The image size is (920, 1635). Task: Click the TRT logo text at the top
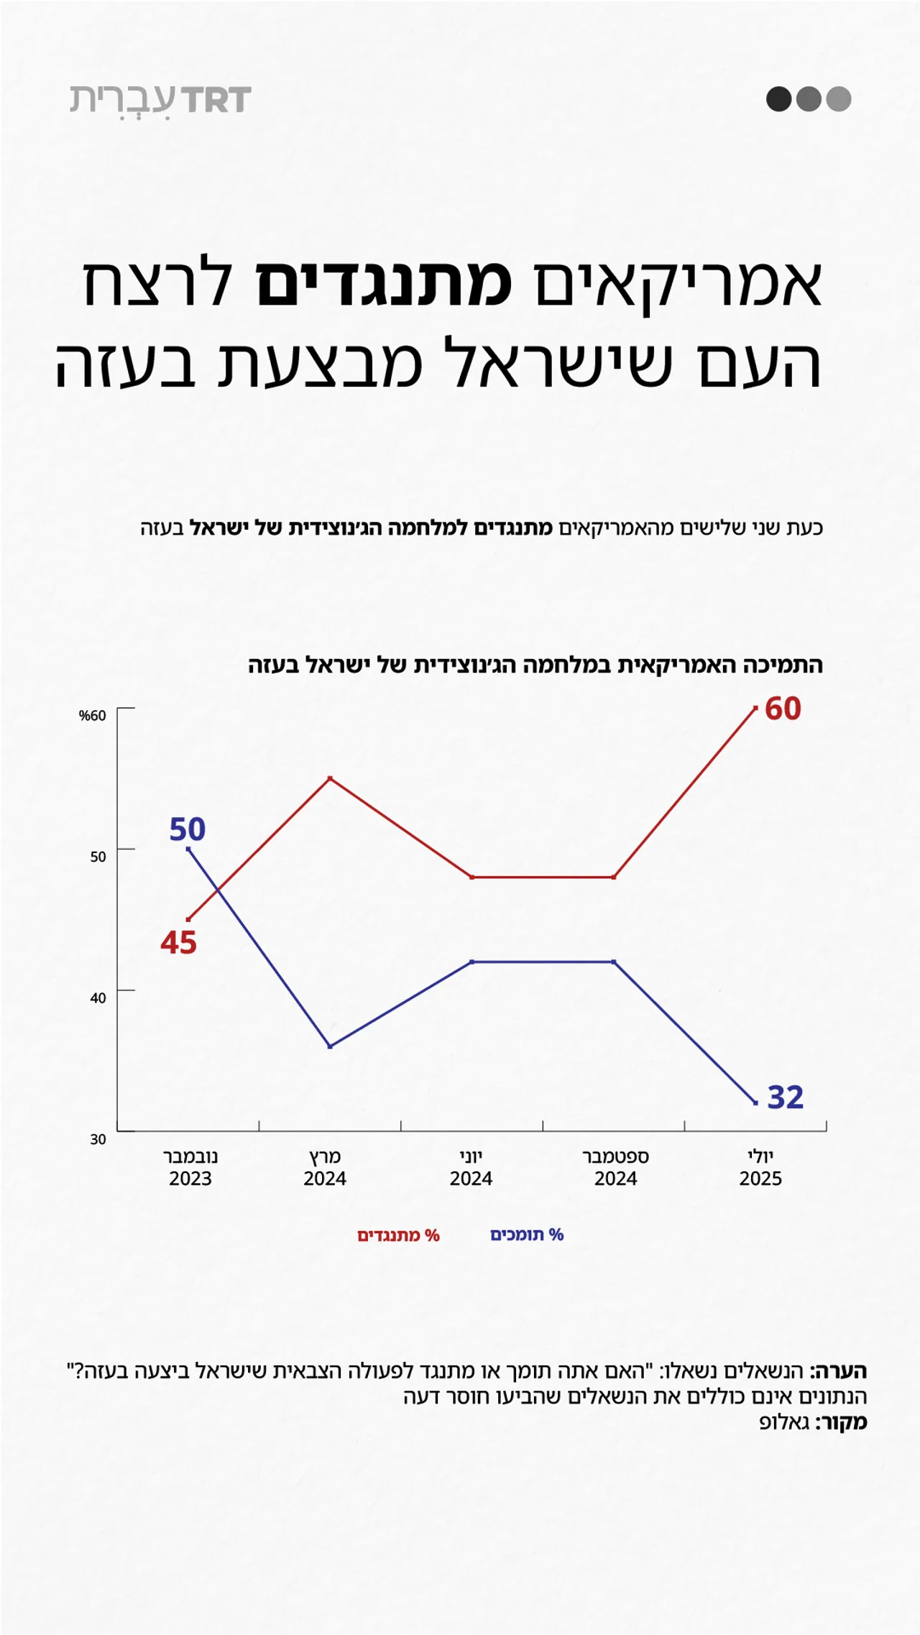click(x=216, y=100)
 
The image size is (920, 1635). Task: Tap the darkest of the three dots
click(x=778, y=98)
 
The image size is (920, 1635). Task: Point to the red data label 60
click(x=783, y=709)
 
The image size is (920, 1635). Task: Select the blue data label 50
click(x=188, y=829)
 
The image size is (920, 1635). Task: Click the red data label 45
click(x=179, y=942)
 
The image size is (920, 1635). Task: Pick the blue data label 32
click(x=786, y=1097)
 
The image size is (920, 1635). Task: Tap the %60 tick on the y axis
click(x=93, y=716)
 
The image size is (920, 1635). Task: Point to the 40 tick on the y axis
click(x=98, y=998)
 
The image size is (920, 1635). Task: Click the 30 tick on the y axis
click(x=98, y=1139)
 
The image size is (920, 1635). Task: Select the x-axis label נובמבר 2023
click(x=190, y=1168)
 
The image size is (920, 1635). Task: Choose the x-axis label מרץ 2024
click(x=325, y=1168)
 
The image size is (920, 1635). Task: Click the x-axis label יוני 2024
click(x=471, y=1168)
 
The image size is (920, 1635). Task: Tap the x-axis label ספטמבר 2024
click(x=615, y=1168)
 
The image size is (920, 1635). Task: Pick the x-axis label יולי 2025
click(x=760, y=1168)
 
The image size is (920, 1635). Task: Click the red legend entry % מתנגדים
click(x=398, y=1235)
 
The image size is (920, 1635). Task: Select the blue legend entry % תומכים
click(x=527, y=1235)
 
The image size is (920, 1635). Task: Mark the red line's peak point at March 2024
click(x=330, y=778)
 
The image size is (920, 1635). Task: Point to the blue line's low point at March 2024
click(x=330, y=1046)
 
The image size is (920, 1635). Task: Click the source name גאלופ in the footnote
click(x=785, y=1422)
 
